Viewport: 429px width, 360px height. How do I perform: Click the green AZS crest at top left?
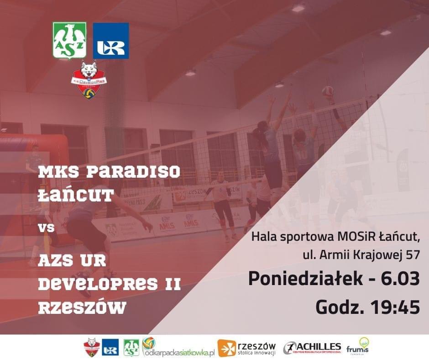(x=69, y=41)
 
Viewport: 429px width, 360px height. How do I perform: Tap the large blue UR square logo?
(x=111, y=41)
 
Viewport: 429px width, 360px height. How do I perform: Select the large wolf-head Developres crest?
(x=89, y=79)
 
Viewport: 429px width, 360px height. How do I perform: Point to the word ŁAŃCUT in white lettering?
(x=76, y=196)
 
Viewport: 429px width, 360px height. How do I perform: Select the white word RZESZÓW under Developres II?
(x=82, y=307)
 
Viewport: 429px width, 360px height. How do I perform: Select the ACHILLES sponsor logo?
(x=312, y=348)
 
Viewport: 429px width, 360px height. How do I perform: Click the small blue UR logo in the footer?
(x=110, y=348)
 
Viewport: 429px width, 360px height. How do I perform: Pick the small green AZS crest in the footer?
(x=131, y=348)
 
